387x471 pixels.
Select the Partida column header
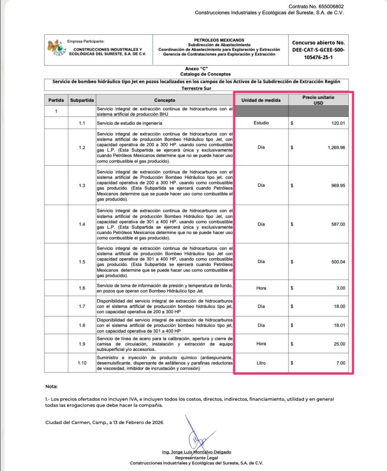pos(56,100)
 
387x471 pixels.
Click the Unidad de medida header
pos(261,100)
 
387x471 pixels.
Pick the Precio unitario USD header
pos(318,100)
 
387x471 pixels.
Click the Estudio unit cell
pos(261,123)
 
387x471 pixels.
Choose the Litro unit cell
pos(261,363)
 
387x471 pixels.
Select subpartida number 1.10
pos(82,363)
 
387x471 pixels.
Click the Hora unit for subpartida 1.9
pos(261,344)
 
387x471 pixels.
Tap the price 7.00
pos(340,363)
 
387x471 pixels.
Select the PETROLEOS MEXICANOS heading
pos(219,40)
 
